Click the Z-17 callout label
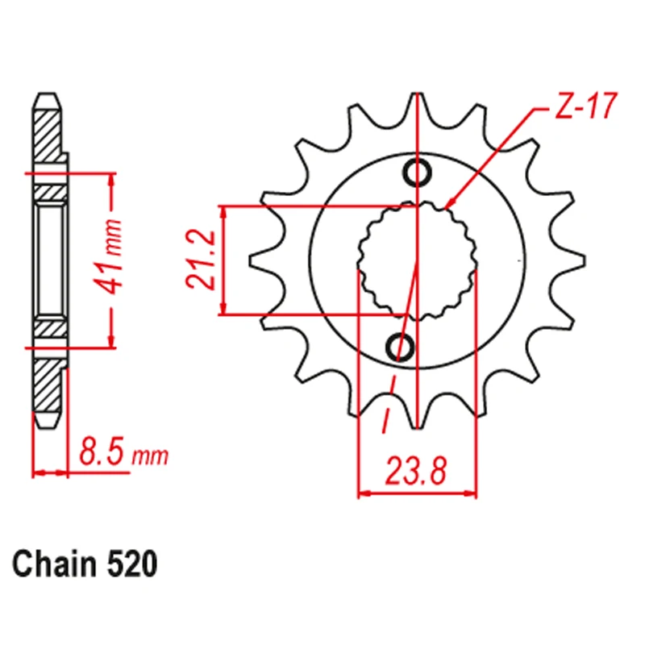click(586, 106)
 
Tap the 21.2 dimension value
click(201, 259)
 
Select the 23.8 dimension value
click(415, 471)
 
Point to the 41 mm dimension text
click(109, 258)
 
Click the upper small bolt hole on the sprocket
click(417, 172)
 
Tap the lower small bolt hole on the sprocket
click(400, 346)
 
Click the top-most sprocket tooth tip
click(417, 94)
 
